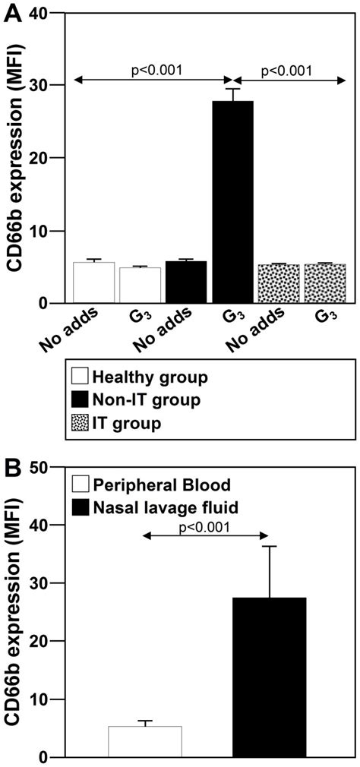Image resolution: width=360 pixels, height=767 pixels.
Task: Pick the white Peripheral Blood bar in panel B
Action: point(145,741)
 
